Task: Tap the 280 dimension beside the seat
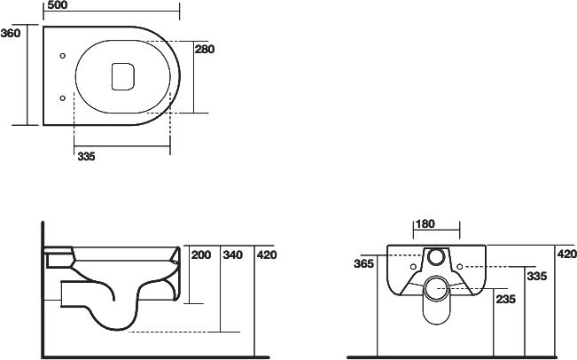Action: [205, 50]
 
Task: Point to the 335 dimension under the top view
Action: [86, 156]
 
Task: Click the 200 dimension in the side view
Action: [201, 255]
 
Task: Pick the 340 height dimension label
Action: [232, 255]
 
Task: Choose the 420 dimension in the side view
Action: [266, 255]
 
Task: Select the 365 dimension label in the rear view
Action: [363, 264]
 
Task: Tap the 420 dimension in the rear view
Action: [566, 254]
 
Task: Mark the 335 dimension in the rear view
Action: [537, 277]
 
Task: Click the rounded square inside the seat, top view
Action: [121, 76]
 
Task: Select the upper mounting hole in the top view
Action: [61, 57]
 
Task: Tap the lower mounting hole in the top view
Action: [61, 98]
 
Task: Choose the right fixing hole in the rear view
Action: [459, 265]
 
